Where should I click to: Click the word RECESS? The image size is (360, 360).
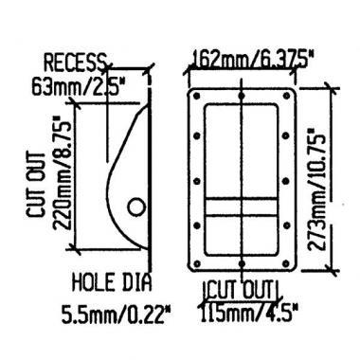point(75,63)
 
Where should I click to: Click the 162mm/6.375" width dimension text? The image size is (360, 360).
point(250,59)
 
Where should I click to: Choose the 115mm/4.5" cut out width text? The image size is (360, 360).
point(249,313)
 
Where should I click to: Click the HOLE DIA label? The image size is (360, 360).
point(112,282)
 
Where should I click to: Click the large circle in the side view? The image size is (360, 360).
point(136,207)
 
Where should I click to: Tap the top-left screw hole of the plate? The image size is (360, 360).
point(196,96)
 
